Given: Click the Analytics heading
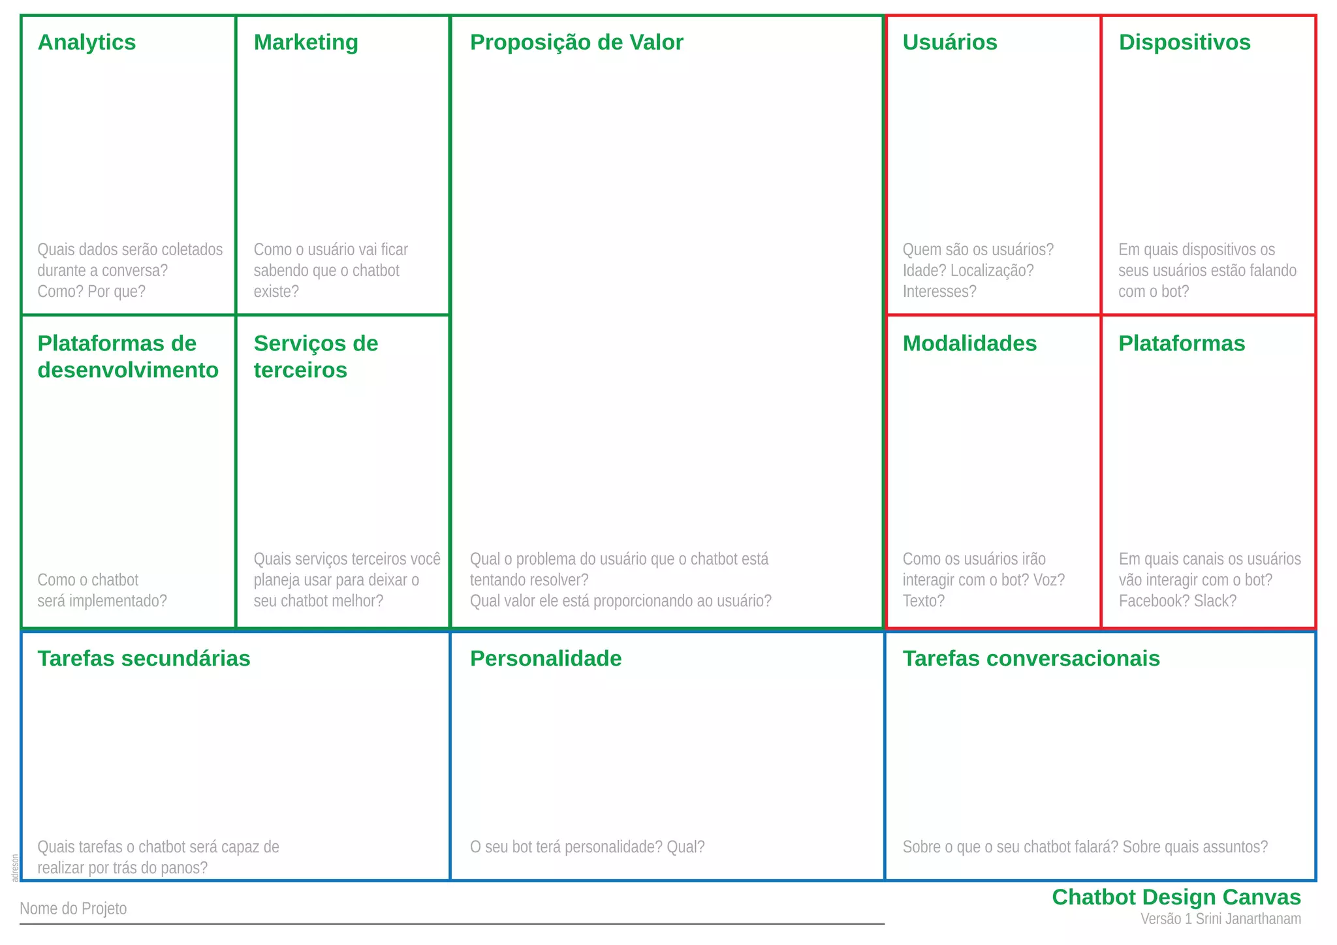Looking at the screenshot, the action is [87, 42].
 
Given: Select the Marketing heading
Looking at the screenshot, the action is [306, 42].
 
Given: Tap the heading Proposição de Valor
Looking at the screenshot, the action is [576, 42].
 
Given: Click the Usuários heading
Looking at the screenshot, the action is [950, 42].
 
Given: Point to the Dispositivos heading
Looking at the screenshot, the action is [1184, 42].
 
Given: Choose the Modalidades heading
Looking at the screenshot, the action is [969, 344].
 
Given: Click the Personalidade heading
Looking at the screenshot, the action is [546, 659].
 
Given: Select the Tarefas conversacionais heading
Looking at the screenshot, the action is [1031, 659].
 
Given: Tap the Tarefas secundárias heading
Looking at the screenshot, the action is [144, 659].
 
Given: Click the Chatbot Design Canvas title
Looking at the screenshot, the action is [1176, 897].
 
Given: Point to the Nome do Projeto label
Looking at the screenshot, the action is [73, 908].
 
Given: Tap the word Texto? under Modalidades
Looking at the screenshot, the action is [923, 601].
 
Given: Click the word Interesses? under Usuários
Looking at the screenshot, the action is [939, 292].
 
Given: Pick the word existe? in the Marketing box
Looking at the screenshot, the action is [276, 292].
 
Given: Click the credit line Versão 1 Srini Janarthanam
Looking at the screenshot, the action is [1221, 919].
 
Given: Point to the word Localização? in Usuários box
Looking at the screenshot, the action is [992, 271].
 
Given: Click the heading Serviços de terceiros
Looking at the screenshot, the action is [316, 357].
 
